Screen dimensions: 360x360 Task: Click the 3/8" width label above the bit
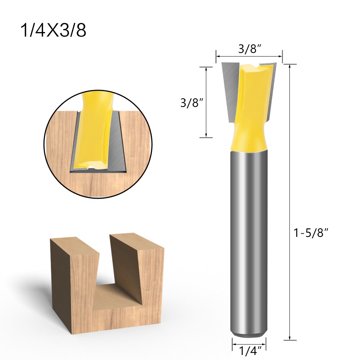tap(249, 49)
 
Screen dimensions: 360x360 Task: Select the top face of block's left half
tap(74, 245)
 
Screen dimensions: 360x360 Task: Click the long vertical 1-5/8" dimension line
tap(290, 202)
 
